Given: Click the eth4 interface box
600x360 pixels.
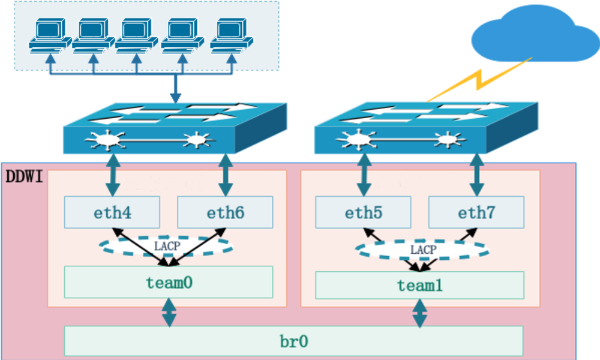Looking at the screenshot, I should (112, 212).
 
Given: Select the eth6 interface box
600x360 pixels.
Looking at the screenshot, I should (225, 212).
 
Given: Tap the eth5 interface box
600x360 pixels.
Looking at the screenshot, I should (363, 212).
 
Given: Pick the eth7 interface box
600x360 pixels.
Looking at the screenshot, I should (476, 212).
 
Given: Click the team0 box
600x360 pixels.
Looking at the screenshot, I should (168, 282).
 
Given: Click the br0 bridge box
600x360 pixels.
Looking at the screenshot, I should (293, 341).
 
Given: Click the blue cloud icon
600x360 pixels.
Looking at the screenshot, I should (534, 36).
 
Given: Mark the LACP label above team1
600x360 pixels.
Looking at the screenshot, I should (423, 248).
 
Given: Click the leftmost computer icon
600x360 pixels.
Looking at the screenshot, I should (50, 36).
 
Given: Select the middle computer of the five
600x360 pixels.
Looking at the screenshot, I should (139, 36).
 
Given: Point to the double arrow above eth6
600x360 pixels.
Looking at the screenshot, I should (226, 175).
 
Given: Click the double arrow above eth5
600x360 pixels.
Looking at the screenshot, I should (363, 175).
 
